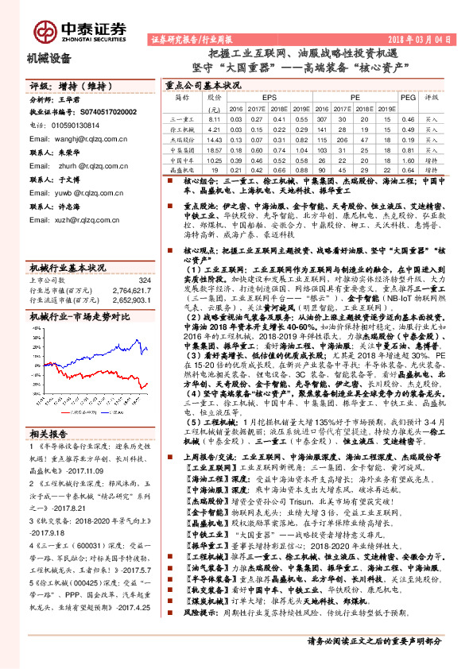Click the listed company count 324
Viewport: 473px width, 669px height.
click(144, 280)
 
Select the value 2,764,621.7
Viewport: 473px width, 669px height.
click(133, 292)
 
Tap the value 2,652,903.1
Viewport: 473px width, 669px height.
click(133, 302)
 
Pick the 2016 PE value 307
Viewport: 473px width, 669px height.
click(320, 118)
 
